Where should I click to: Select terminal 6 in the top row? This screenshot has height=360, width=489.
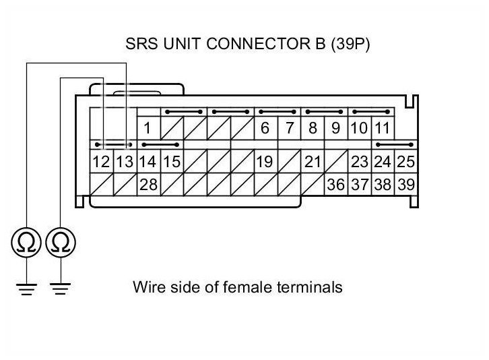265,128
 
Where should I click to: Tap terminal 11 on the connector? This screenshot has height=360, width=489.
383,128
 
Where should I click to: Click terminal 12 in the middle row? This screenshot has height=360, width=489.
102,161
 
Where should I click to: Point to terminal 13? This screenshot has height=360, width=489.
125,161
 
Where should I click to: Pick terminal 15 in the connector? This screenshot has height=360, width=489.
172,161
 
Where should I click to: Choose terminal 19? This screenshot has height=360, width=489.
265,161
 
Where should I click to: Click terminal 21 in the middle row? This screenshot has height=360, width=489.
313,161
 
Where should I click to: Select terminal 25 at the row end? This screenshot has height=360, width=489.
406,161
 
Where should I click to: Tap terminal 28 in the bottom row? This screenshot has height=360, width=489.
149,185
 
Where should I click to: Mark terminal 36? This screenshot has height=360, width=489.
336,185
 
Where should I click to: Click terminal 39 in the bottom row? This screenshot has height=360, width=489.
406,185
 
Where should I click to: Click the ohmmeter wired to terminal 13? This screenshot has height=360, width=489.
26,242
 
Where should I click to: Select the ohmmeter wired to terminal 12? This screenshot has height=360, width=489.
61,242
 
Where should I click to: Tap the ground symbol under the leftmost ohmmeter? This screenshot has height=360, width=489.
26,289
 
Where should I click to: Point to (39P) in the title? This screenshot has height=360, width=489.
350,44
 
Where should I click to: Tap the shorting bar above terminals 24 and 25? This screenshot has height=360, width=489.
395,144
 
